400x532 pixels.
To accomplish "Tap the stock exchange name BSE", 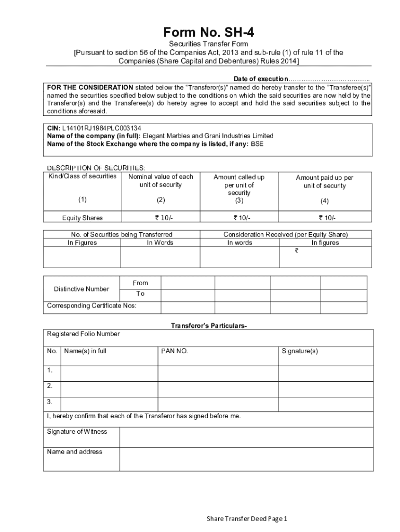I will [x=257, y=144].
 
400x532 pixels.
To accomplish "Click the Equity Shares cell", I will [x=83, y=218].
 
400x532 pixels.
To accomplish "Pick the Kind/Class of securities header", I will [x=83, y=176].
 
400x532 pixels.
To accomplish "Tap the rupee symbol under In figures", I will [x=297, y=250].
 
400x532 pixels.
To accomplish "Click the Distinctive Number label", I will [x=82, y=289].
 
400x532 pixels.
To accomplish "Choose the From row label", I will [x=140, y=283].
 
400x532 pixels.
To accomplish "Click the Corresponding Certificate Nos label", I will [x=92, y=305].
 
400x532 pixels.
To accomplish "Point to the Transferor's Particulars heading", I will [x=209, y=326].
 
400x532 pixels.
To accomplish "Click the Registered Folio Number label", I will [x=84, y=334].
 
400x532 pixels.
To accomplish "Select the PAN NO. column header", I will [x=175, y=351].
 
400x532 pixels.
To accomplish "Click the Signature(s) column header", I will [x=300, y=351].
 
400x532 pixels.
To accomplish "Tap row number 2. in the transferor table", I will [x=50, y=385].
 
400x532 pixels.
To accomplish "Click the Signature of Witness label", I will [x=77, y=432].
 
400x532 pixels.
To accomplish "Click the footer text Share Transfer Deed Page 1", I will [x=247, y=518].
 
